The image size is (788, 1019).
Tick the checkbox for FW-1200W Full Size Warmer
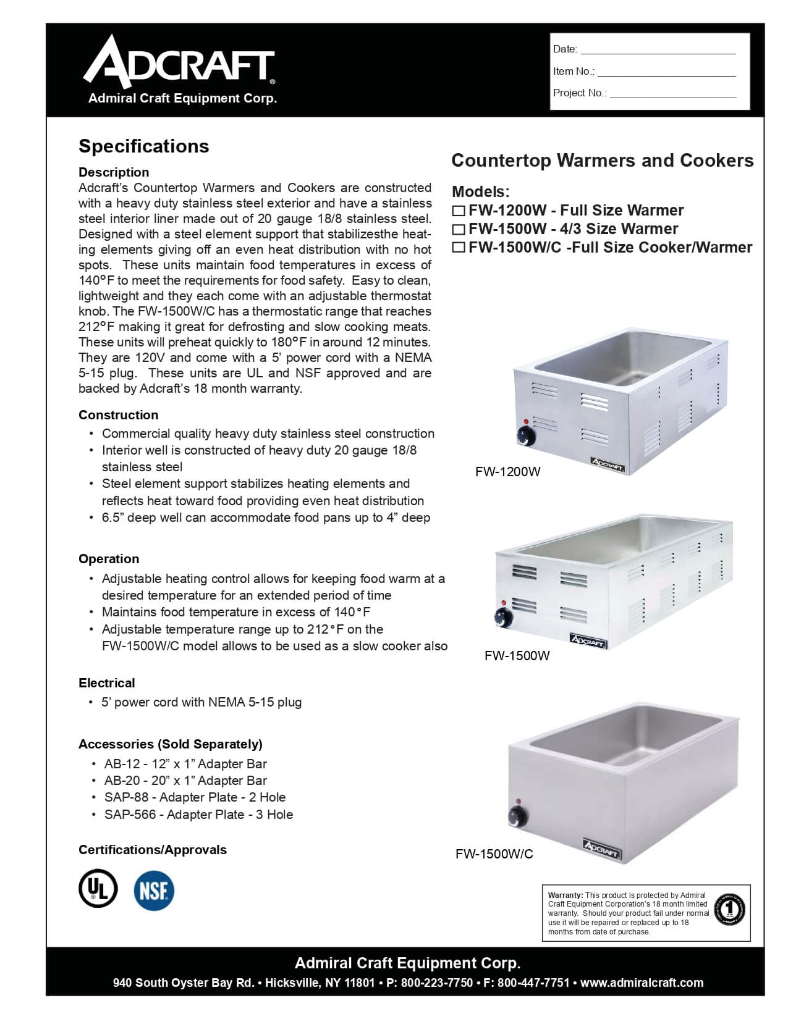tap(459, 211)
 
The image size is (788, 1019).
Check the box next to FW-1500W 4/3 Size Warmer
tap(459, 230)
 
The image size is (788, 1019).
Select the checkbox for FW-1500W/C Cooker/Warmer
tap(459, 248)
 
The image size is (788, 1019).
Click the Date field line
tap(658, 49)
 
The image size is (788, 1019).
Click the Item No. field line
tap(666, 72)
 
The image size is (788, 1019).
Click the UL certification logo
tap(98, 889)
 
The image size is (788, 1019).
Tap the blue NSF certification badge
tap(154, 890)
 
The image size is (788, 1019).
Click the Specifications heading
tap(143, 146)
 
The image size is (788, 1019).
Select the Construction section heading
tap(118, 415)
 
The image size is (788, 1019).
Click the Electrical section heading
tap(106, 683)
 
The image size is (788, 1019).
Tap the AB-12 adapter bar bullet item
tap(185, 764)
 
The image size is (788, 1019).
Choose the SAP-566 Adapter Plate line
tap(198, 815)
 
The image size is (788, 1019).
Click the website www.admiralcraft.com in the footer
tap(642, 983)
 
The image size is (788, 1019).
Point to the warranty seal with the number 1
tap(729, 910)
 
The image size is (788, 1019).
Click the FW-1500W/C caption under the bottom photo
tap(494, 854)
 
